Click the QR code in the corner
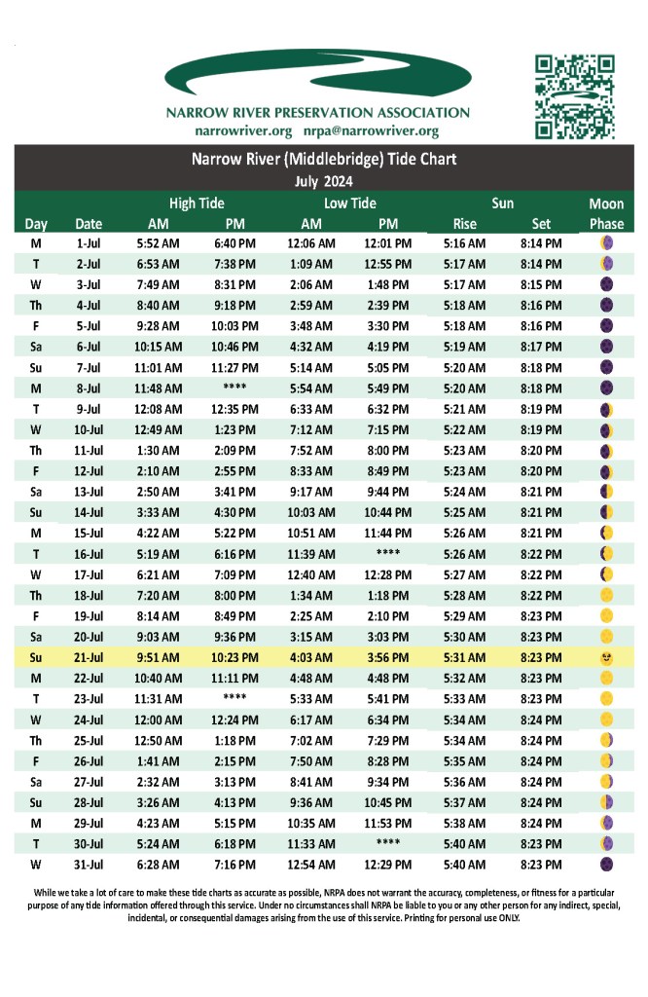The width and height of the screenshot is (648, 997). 575,96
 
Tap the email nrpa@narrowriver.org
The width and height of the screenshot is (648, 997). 370,130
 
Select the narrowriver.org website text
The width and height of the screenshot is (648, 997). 243,130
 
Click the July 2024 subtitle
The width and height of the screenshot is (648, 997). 323,181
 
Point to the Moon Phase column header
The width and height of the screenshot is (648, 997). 606,213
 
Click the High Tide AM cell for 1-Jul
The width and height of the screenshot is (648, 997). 158,243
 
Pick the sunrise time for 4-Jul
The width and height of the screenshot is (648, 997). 464,306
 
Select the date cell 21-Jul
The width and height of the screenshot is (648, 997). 89,658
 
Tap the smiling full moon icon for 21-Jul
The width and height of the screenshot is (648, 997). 606,658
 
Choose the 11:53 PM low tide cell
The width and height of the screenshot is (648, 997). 388,824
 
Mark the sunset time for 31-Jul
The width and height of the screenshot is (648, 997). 541,865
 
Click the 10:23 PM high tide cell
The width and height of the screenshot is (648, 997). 234,658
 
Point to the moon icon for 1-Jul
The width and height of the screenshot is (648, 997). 606,243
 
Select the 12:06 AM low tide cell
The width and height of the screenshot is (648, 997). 311,243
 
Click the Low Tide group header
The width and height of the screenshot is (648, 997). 349,203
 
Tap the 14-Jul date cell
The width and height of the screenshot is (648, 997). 89,512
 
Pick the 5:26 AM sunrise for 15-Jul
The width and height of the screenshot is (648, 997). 464,534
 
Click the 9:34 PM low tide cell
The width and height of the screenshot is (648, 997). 388,782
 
